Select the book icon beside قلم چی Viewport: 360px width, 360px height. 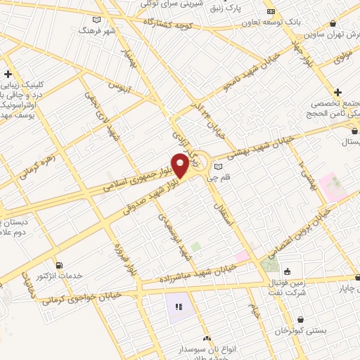[x=217, y=167]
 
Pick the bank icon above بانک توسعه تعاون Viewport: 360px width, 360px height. [x=271, y=11]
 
